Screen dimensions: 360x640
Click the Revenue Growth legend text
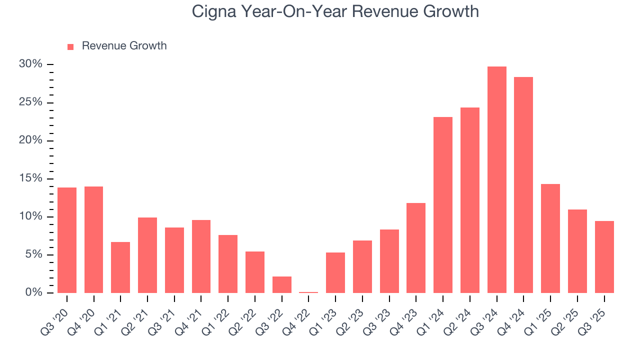coord(124,46)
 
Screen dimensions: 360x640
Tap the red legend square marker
coord(70,46)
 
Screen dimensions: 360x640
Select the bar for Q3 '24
coord(496,180)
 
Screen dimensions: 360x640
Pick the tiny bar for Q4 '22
coord(308,292)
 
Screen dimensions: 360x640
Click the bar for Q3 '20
coord(67,240)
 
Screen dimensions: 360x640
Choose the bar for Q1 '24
coord(443,205)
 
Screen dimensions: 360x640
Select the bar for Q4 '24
coord(523,185)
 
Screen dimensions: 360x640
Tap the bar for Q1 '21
coord(120,267)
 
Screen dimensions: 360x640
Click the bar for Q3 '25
coord(604,257)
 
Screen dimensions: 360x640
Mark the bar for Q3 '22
coord(282,284)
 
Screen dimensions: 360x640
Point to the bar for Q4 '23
coord(416,248)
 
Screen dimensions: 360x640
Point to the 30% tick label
coord(30,64)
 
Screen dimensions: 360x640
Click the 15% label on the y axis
coord(30,178)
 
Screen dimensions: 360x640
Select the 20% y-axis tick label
coord(30,140)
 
